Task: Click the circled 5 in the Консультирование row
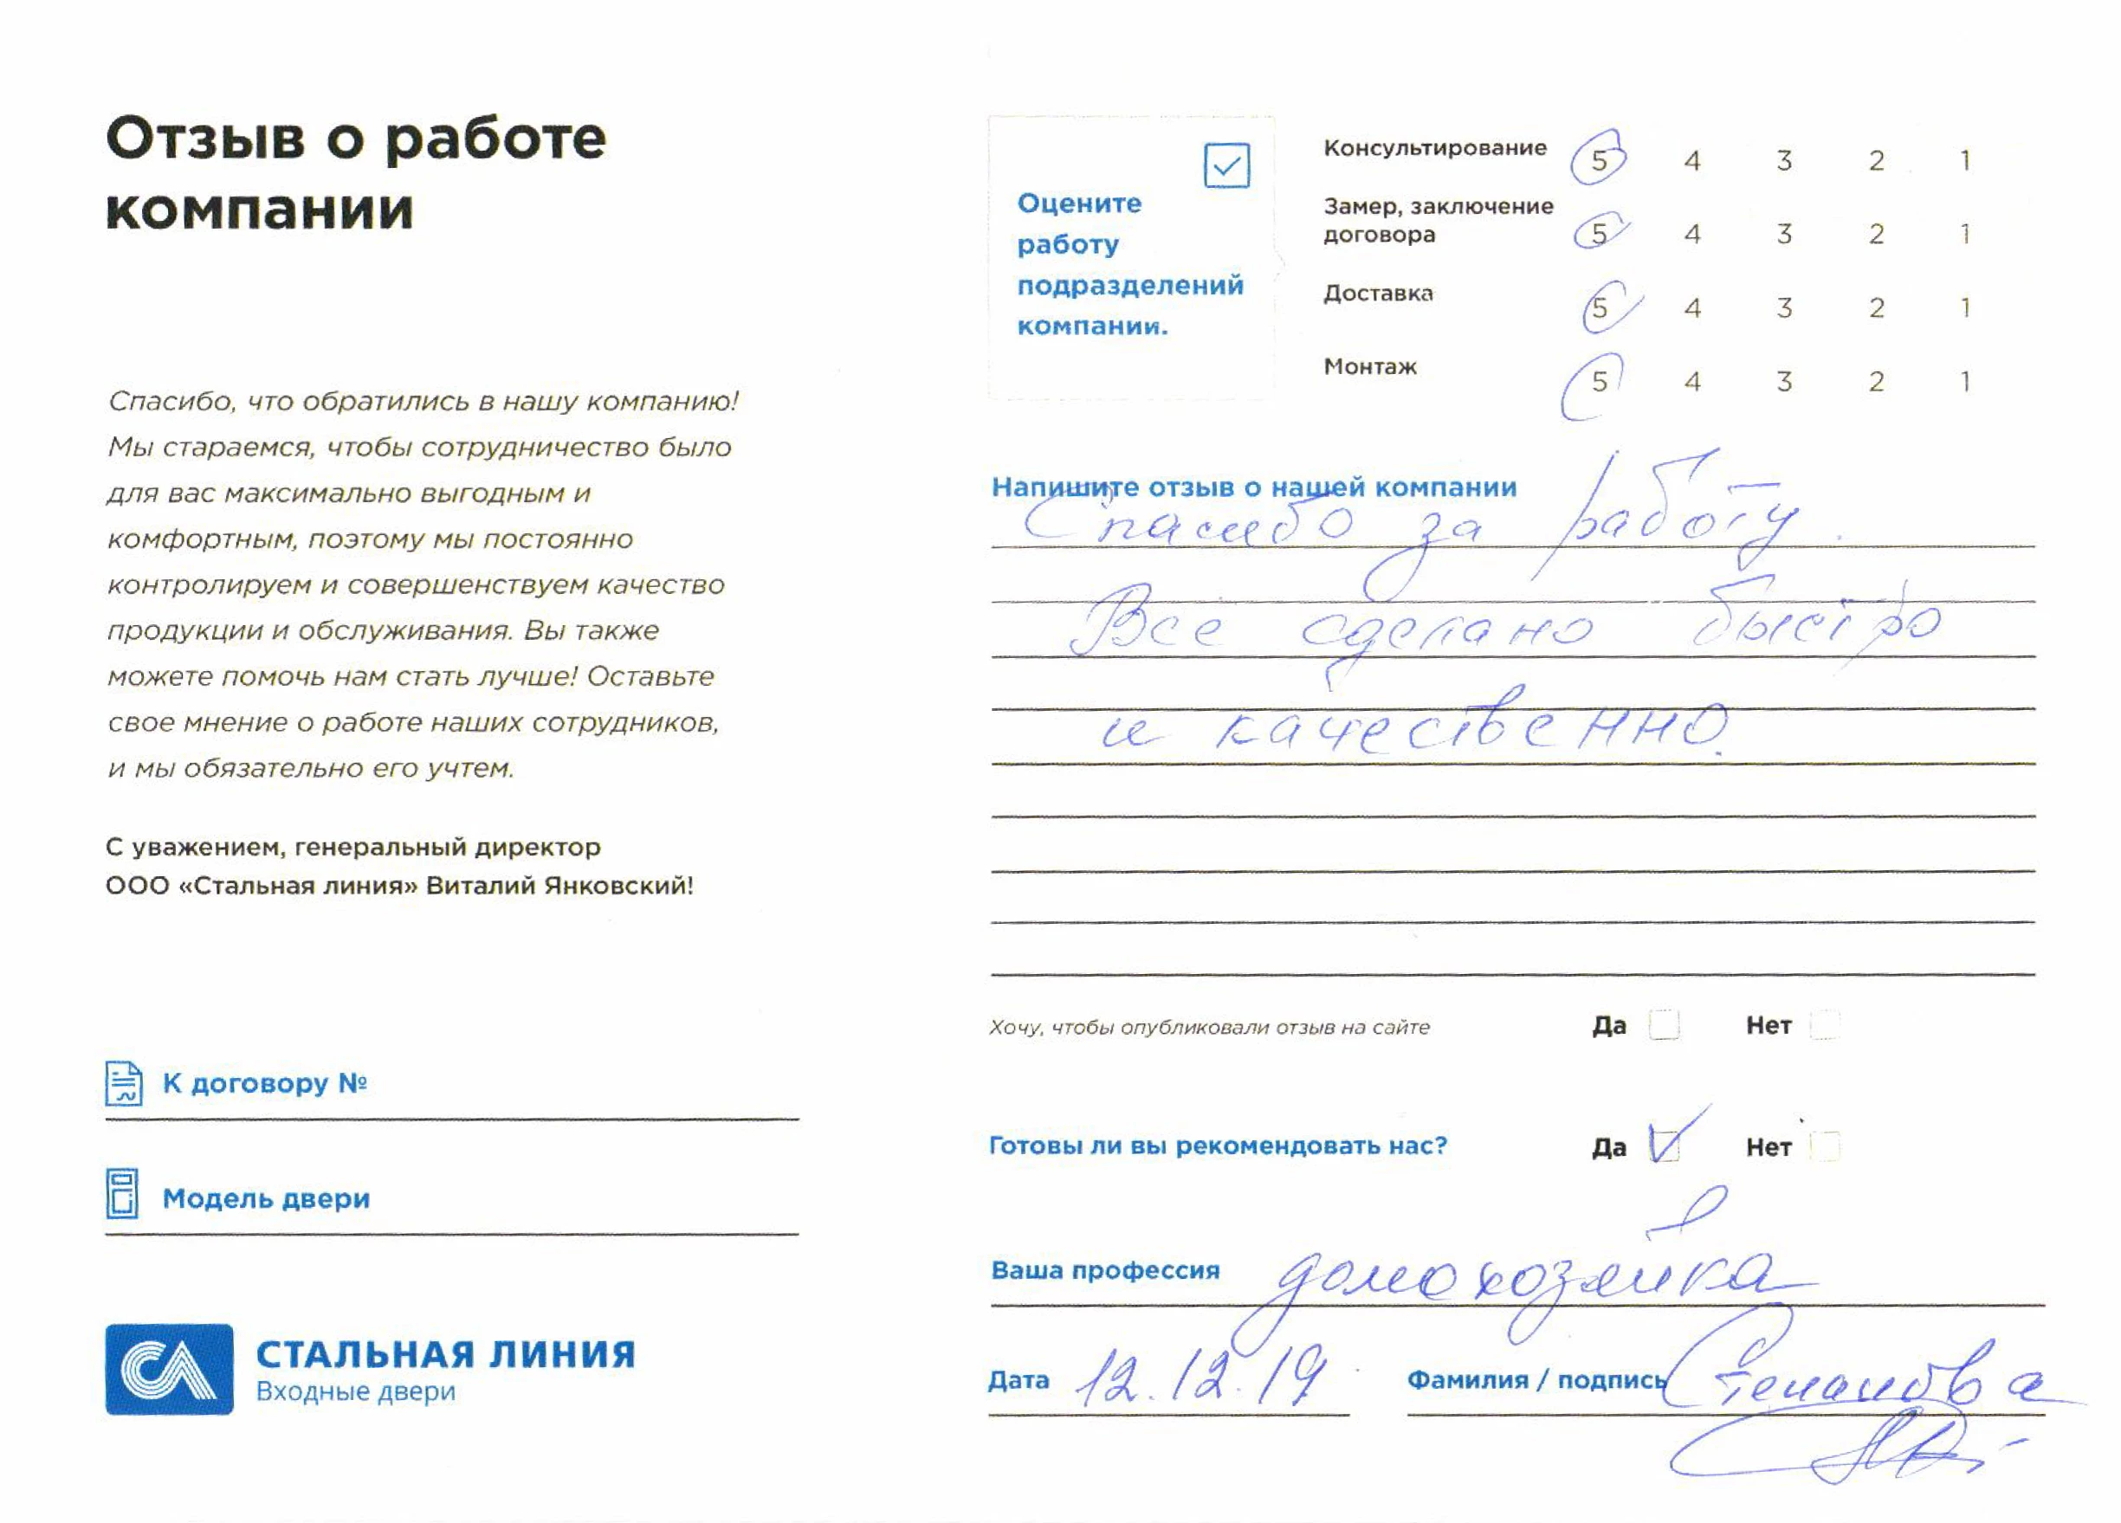(x=1598, y=161)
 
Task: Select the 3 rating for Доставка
(x=1783, y=307)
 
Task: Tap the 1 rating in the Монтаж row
(x=1965, y=382)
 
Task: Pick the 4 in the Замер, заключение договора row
(x=1691, y=234)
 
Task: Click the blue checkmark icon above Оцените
(x=1226, y=166)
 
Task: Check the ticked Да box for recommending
(x=1665, y=1145)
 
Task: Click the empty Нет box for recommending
(x=1825, y=1145)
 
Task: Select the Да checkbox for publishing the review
(x=1664, y=1024)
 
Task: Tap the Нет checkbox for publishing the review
(x=1825, y=1024)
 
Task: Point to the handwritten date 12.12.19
(x=1202, y=1376)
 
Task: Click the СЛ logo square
(x=169, y=1369)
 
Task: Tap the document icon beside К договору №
(x=124, y=1082)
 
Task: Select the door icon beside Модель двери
(x=122, y=1194)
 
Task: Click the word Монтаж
(x=1370, y=366)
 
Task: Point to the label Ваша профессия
(x=1105, y=1269)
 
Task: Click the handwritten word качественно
(x=1468, y=731)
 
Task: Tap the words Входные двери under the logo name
(x=355, y=1391)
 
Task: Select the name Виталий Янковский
(x=559, y=886)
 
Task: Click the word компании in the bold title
(x=259, y=209)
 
